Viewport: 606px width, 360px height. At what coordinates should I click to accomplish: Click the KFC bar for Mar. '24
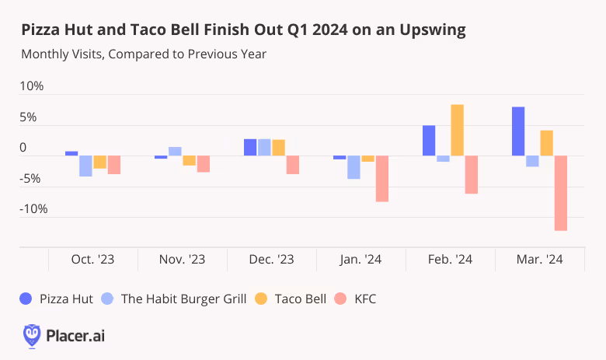tap(561, 193)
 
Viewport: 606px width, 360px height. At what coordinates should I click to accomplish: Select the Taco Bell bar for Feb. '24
tap(457, 130)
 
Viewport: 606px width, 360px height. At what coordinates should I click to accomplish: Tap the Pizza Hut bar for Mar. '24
tap(518, 131)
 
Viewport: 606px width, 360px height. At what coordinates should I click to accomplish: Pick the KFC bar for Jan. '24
tap(382, 179)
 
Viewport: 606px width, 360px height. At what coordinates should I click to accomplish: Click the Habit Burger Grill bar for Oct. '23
tap(85, 166)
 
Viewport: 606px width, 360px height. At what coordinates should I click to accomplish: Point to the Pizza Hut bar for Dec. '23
tap(250, 148)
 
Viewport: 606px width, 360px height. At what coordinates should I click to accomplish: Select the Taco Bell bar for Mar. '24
tap(546, 143)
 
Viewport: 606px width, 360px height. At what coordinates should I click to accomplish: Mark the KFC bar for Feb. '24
tap(472, 174)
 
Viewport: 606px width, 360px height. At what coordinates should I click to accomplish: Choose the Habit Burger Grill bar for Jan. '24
tap(353, 167)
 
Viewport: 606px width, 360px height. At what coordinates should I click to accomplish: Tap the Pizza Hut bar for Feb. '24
tap(429, 141)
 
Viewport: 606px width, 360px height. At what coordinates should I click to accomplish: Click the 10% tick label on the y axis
tap(32, 86)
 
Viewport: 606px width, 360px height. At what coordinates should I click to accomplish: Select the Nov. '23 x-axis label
tap(182, 260)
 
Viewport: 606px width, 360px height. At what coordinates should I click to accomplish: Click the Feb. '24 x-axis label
tap(450, 260)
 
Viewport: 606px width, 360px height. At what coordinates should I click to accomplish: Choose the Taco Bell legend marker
tap(262, 299)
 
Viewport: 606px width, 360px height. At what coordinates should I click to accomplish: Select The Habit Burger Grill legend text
tap(185, 299)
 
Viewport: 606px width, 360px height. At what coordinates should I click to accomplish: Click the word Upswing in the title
tap(433, 31)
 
